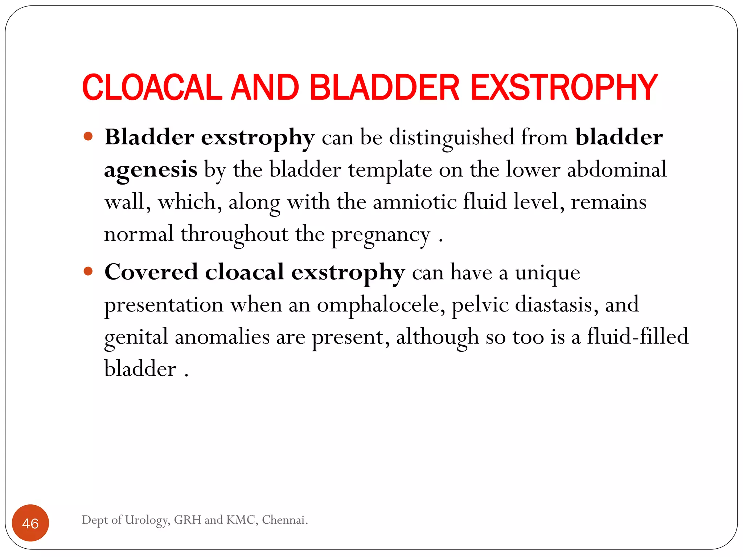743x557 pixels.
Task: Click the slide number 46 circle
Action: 30,523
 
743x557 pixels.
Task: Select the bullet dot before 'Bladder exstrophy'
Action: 88,137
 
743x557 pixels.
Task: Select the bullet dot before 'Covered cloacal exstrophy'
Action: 88,271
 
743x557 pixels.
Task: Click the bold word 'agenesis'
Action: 151,170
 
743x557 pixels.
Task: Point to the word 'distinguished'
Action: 451,138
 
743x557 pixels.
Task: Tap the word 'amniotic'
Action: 415,202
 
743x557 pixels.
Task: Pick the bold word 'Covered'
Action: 151,272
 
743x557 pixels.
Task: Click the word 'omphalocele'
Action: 381,305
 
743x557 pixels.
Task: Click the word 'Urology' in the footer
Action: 147,520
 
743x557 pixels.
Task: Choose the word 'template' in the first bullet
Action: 390,170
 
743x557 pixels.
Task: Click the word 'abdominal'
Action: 616,169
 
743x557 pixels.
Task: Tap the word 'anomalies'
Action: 222,337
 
